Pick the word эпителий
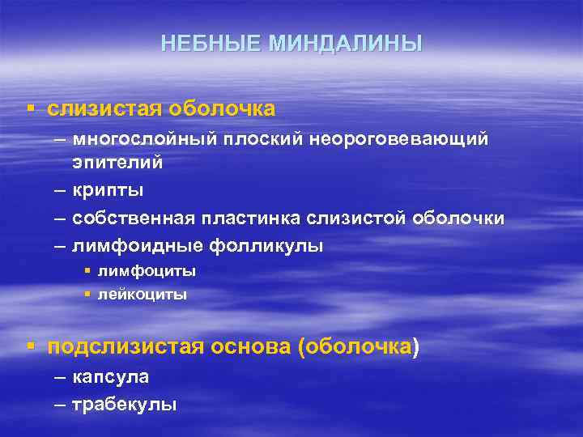(x=117, y=163)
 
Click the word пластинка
(x=251, y=218)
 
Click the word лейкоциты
(x=143, y=295)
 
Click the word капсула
(x=110, y=377)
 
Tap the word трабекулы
(x=124, y=404)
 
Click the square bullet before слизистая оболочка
(x=30, y=108)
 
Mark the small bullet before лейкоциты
(x=88, y=295)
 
